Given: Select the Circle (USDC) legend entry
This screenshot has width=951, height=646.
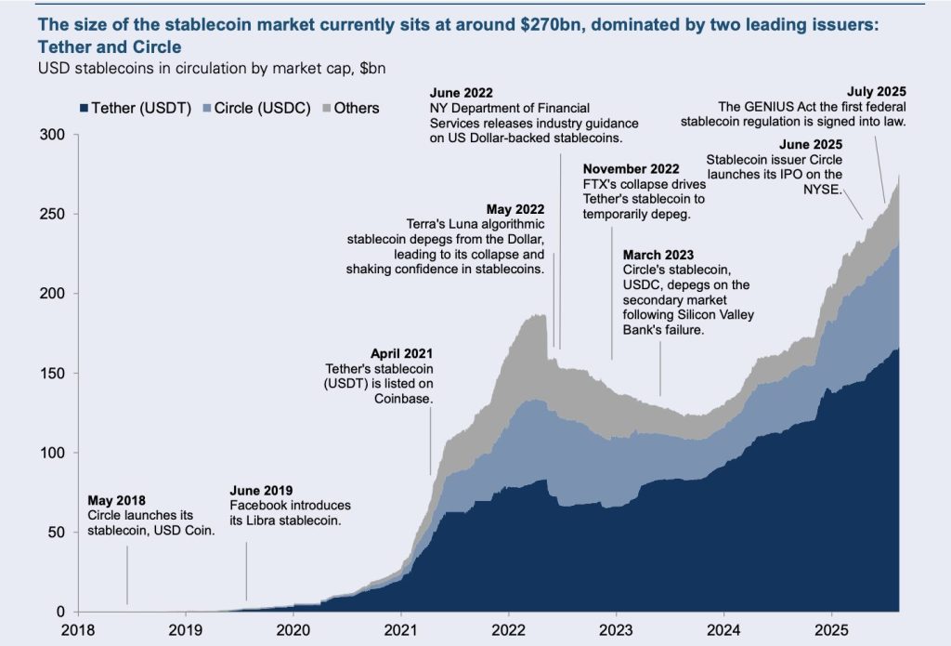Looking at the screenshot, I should click(251, 108).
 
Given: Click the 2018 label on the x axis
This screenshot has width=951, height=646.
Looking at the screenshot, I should click(77, 628).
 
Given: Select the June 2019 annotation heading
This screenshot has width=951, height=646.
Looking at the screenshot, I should click(262, 490).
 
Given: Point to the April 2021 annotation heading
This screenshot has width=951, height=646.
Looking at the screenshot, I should click(402, 354).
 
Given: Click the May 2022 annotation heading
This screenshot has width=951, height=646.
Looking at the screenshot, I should click(515, 209).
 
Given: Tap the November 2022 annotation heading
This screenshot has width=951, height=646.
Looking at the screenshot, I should click(631, 169).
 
